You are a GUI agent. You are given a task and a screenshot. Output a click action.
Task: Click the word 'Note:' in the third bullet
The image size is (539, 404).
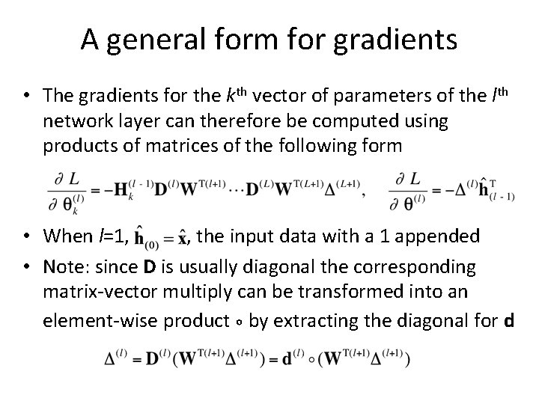[x=65, y=266]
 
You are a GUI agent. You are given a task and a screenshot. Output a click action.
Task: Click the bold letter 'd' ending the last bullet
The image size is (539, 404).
[x=509, y=321]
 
